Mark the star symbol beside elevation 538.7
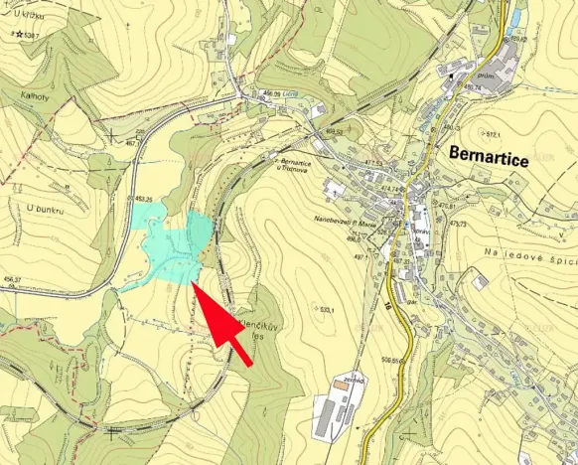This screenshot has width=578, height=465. pos(19,35)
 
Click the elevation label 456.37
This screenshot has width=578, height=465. pos(12,280)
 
